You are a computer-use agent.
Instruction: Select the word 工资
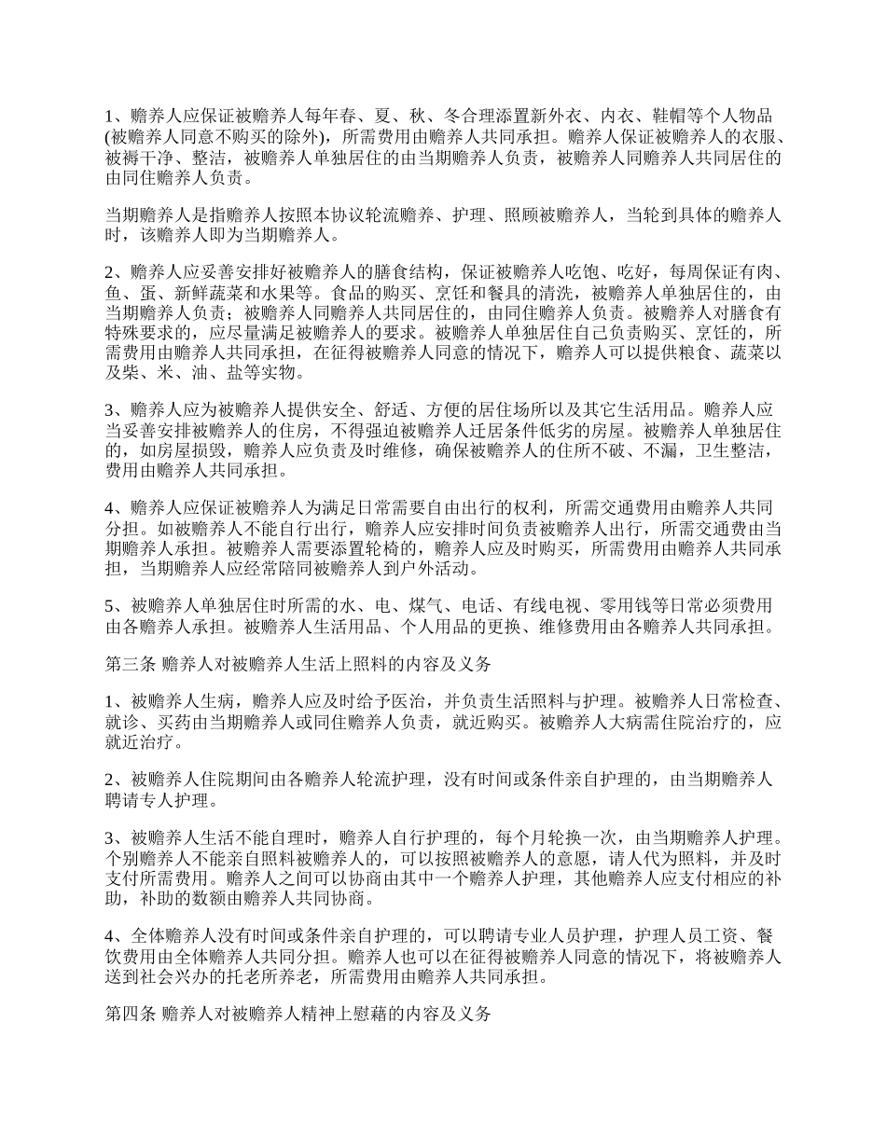pyautogui.click(x=720, y=936)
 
